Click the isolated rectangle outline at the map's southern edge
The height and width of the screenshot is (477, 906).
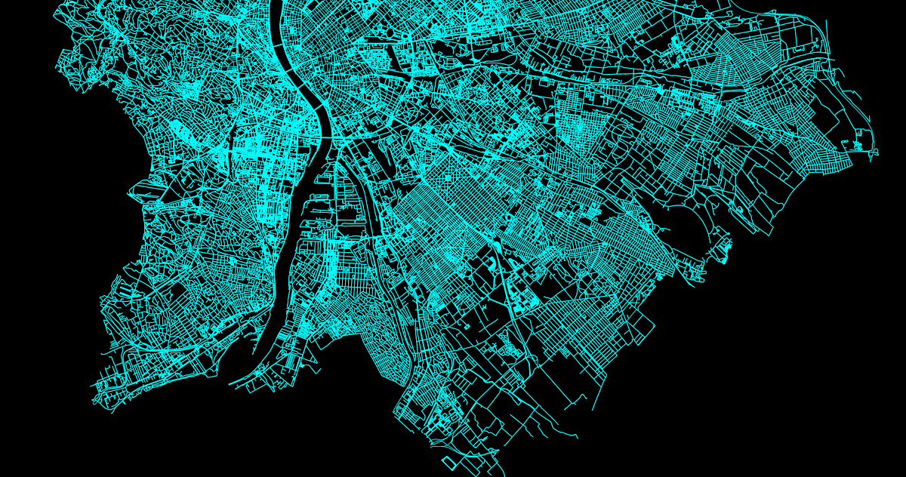(448, 462)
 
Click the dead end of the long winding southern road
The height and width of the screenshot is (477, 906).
(578, 437)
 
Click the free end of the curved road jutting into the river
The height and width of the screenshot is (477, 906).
(230, 383)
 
